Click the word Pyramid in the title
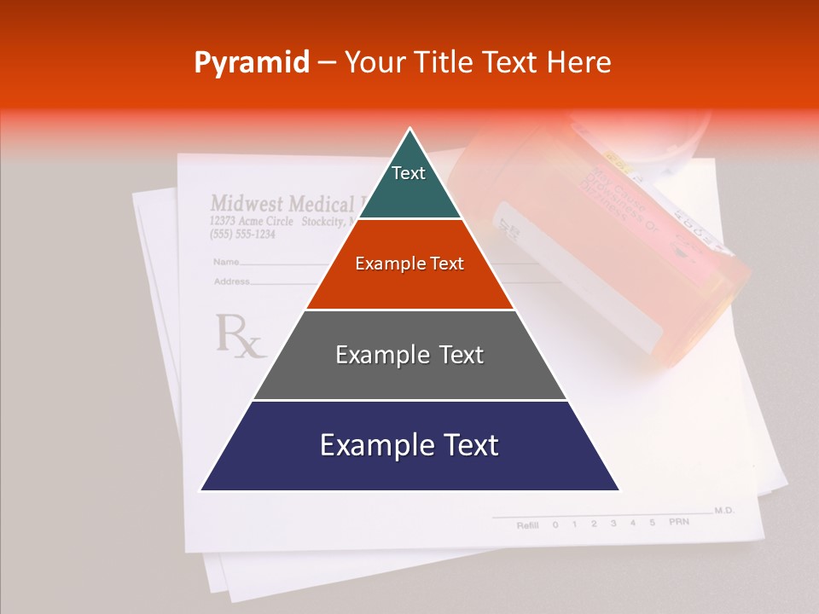pyautogui.click(x=251, y=62)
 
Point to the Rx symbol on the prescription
pyautogui.click(x=240, y=335)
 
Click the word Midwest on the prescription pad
pyautogui.click(x=247, y=204)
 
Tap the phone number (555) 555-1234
pyautogui.click(x=242, y=235)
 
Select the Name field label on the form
pyautogui.click(x=225, y=262)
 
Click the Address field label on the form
pyautogui.click(x=231, y=281)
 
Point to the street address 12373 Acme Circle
pyautogui.click(x=252, y=221)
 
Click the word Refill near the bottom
pyautogui.click(x=527, y=524)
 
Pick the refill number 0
pyautogui.click(x=555, y=524)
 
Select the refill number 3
pyautogui.click(x=613, y=523)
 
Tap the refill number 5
pyautogui.click(x=652, y=522)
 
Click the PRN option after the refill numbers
pyautogui.click(x=678, y=521)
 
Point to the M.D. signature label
pyautogui.click(x=724, y=510)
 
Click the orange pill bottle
pyautogui.click(x=614, y=247)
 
